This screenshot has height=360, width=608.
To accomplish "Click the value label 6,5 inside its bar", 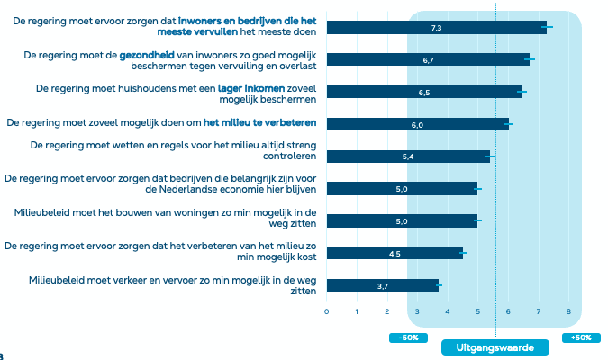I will click(x=424, y=93).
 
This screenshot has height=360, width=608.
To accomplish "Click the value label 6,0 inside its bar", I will click(x=417, y=125).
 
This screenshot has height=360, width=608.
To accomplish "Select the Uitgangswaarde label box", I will click(x=495, y=347).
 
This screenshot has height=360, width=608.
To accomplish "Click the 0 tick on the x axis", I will click(x=326, y=312).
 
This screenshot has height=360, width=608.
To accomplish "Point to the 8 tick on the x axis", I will click(x=568, y=312).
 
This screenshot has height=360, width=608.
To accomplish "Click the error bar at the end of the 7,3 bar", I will click(x=547, y=28).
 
